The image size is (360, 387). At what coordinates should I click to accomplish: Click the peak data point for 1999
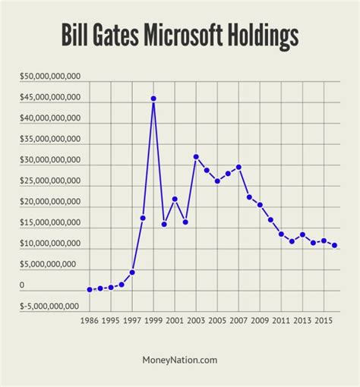click(x=153, y=99)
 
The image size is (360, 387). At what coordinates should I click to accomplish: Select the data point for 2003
click(x=196, y=157)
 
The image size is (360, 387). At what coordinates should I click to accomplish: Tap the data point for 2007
click(x=238, y=167)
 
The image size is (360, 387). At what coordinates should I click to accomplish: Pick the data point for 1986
click(x=90, y=290)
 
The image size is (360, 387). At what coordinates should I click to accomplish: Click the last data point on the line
click(x=335, y=246)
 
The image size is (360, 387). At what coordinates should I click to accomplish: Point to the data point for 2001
click(x=175, y=199)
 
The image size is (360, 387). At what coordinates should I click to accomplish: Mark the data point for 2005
click(x=217, y=181)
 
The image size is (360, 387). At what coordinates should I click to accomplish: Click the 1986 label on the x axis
click(x=90, y=321)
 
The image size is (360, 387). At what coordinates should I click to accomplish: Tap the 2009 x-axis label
click(x=260, y=321)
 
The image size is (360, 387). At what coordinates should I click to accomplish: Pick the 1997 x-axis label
click(x=132, y=321)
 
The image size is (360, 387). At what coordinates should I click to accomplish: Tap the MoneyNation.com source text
click(x=180, y=361)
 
